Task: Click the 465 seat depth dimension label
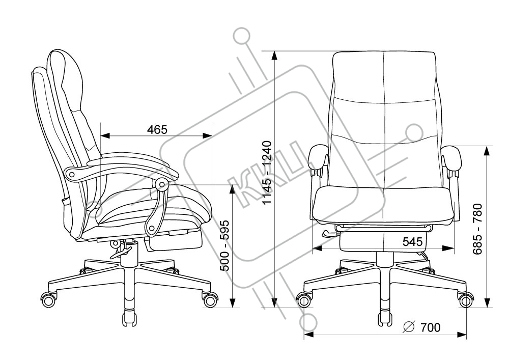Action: click(157, 129)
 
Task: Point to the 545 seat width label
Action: click(412, 241)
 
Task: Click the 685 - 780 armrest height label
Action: click(477, 229)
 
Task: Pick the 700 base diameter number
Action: click(431, 327)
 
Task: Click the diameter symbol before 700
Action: click(409, 327)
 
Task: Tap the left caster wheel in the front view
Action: click(304, 300)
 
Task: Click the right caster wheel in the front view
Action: click(466, 300)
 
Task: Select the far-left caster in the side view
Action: click(49, 299)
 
